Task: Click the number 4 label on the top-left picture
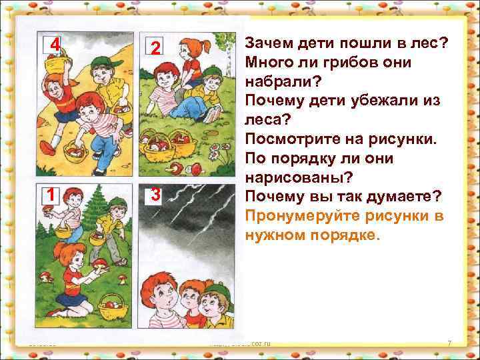[x=56, y=45]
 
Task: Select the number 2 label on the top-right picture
[x=154, y=48]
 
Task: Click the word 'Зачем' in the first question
[x=268, y=43]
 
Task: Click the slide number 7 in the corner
[x=449, y=343]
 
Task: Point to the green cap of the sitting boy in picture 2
[x=212, y=69]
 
